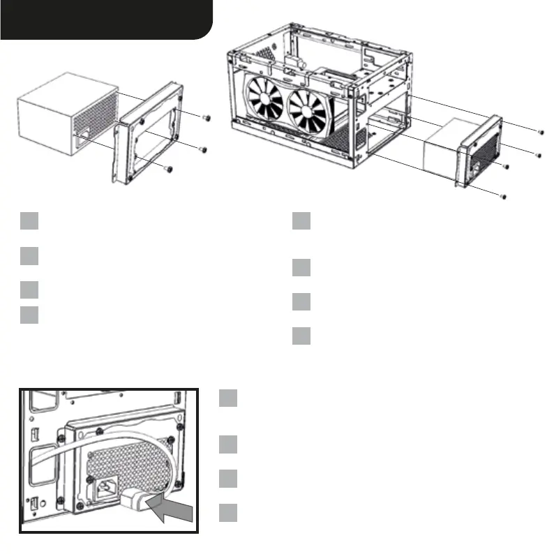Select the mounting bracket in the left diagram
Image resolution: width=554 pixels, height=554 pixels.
coord(147,133)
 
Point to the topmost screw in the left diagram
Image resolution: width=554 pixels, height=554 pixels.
coord(205,118)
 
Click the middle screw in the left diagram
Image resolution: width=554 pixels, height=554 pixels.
coord(203,149)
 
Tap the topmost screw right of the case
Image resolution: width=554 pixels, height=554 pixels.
coord(541,130)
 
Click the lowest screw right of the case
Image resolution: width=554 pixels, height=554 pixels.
coord(502,199)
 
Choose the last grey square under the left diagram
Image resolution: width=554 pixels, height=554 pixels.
coord(29,314)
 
